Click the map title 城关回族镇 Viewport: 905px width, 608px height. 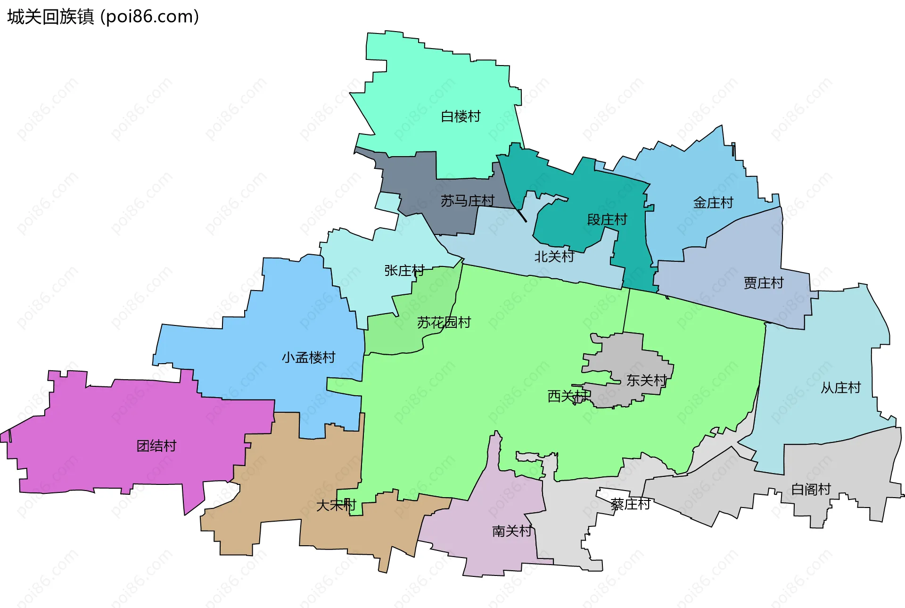[x=51, y=17]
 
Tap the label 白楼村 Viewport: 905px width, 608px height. [x=461, y=116]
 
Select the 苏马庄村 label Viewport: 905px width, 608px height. [x=467, y=201]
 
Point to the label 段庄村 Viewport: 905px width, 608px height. [x=607, y=220]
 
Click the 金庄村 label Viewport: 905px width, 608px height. [x=713, y=203]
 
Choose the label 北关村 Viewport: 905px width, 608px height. [x=554, y=257]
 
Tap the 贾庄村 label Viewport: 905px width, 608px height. [x=764, y=283]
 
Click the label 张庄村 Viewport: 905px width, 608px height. [x=404, y=271]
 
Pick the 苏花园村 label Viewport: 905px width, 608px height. [x=444, y=323]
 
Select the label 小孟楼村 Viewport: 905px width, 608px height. [x=309, y=358]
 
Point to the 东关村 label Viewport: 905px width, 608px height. [x=646, y=380]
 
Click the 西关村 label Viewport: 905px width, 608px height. [x=568, y=396]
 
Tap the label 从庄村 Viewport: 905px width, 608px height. [x=841, y=388]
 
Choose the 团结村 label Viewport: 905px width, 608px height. [x=156, y=446]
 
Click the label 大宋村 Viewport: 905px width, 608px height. [x=336, y=505]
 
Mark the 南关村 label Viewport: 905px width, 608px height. [x=512, y=531]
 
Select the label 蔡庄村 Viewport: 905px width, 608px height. [x=630, y=504]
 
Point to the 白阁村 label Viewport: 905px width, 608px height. [x=811, y=489]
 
